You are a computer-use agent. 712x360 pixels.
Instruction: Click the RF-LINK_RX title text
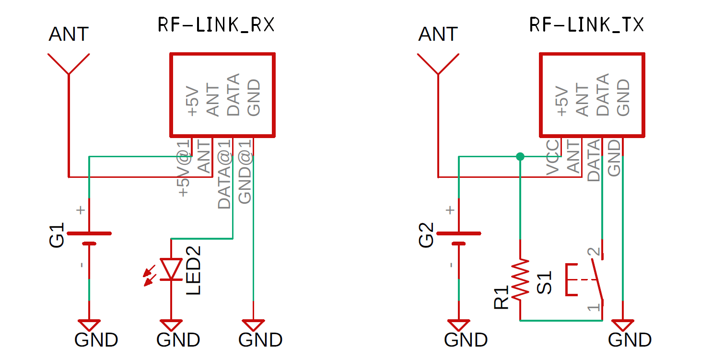coord(216,25)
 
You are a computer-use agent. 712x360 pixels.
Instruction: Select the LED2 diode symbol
coord(171,269)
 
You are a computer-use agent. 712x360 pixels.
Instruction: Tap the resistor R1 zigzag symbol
coord(520,280)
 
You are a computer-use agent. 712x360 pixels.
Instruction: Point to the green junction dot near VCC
coord(520,156)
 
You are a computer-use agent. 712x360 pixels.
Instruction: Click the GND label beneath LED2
coord(178,340)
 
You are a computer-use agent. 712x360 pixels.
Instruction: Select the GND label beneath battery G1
coord(96,340)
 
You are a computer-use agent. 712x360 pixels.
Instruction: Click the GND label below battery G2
coord(466,340)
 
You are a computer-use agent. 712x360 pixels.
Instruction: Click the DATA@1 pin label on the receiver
coord(224,174)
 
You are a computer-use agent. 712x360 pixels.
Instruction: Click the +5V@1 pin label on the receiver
coord(184,168)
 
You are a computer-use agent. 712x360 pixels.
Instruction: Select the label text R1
coord(502,298)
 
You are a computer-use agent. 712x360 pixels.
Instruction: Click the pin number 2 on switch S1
coord(593,252)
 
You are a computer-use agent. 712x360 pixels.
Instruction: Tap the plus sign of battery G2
coord(450,210)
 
